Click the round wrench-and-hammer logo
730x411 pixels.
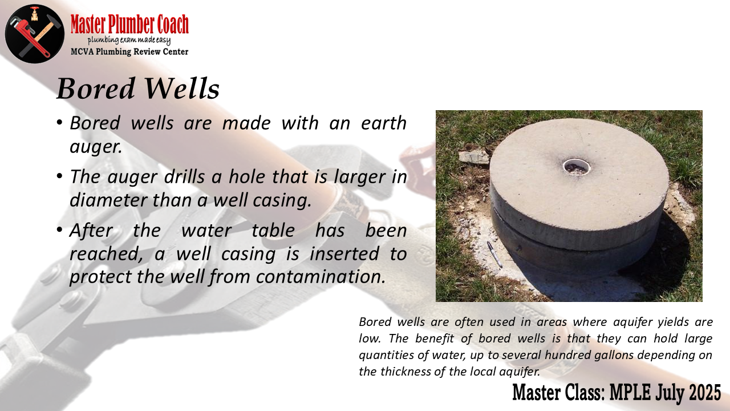[35, 34]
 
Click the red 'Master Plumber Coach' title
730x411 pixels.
[129, 24]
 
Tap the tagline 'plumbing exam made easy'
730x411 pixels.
[129, 41]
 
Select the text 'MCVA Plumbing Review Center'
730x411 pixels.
[129, 51]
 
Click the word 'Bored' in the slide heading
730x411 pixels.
[96, 88]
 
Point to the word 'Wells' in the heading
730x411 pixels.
[182, 88]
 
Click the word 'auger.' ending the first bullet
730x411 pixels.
[96, 147]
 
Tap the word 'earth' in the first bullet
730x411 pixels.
[384, 123]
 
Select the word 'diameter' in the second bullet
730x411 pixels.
[108, 200]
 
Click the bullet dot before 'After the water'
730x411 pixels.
[59, 230]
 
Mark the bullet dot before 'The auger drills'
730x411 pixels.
[59, 176]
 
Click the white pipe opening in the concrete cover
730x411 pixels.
[577, 167]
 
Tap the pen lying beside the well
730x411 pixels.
[494, 255]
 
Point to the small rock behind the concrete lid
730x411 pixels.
[474, 156]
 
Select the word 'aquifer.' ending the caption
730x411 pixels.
[520, 372]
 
